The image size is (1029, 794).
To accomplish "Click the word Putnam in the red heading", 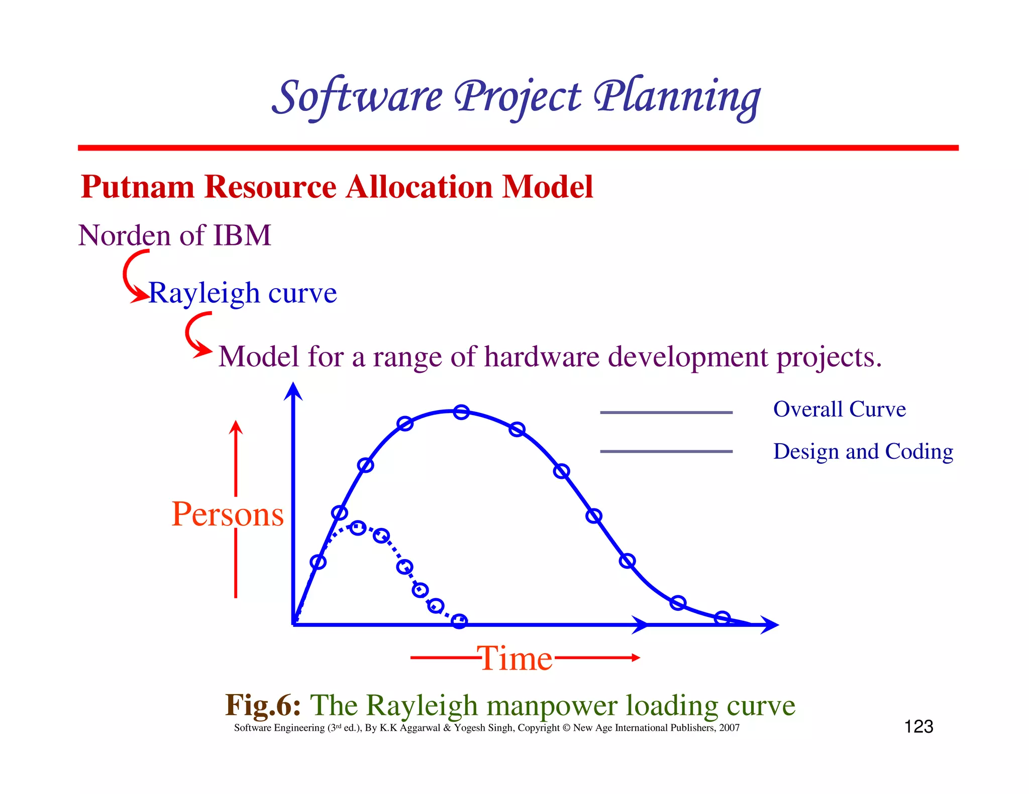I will tap(138, 187).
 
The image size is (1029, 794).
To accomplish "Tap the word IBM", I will tap(242, 235).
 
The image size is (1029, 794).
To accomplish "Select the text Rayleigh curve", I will tap(243, 293).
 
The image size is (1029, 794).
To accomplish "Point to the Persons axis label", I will tap(228, 514).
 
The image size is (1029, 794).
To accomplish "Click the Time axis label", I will tap(515, 658).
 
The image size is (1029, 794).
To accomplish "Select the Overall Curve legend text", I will tap(839, 409).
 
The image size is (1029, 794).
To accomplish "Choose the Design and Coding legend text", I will tap(863, 451).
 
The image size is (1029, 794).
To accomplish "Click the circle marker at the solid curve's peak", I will tap(461, 412).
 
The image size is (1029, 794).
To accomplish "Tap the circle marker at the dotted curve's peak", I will tap(357, 527).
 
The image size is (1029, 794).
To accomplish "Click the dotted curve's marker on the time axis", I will tap(459, 621).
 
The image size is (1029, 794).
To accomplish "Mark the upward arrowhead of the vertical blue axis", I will tap(293, 391).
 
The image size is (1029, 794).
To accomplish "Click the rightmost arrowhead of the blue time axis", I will tap(770, 625).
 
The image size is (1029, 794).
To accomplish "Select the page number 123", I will tap(918, 727).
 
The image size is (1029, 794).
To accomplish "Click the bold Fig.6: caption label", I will tap(263, 705).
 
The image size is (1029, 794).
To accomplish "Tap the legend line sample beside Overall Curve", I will tap(666, 413).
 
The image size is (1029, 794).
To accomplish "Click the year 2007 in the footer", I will tap(729, 728).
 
